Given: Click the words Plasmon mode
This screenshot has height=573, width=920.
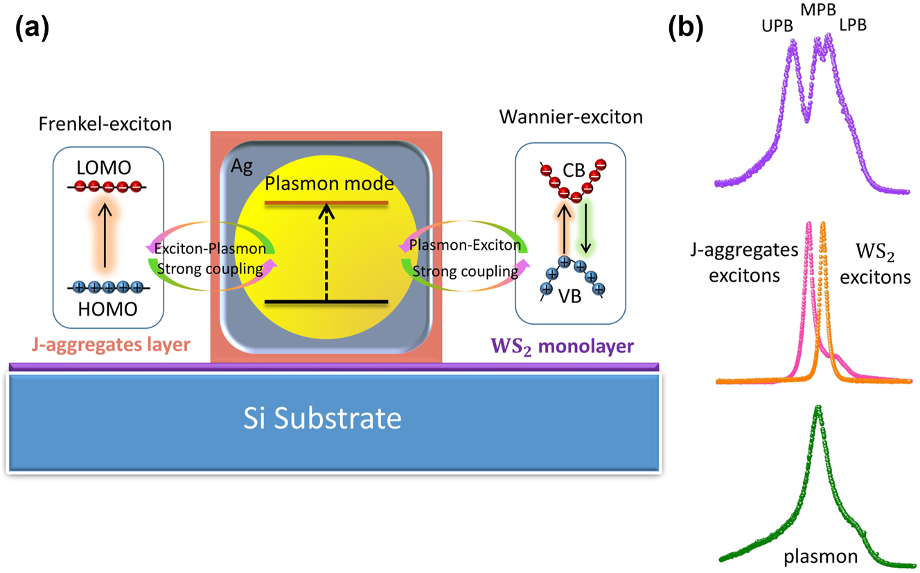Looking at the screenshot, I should click(329, 185).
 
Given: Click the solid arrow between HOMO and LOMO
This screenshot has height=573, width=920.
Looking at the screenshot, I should click(106, 236).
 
